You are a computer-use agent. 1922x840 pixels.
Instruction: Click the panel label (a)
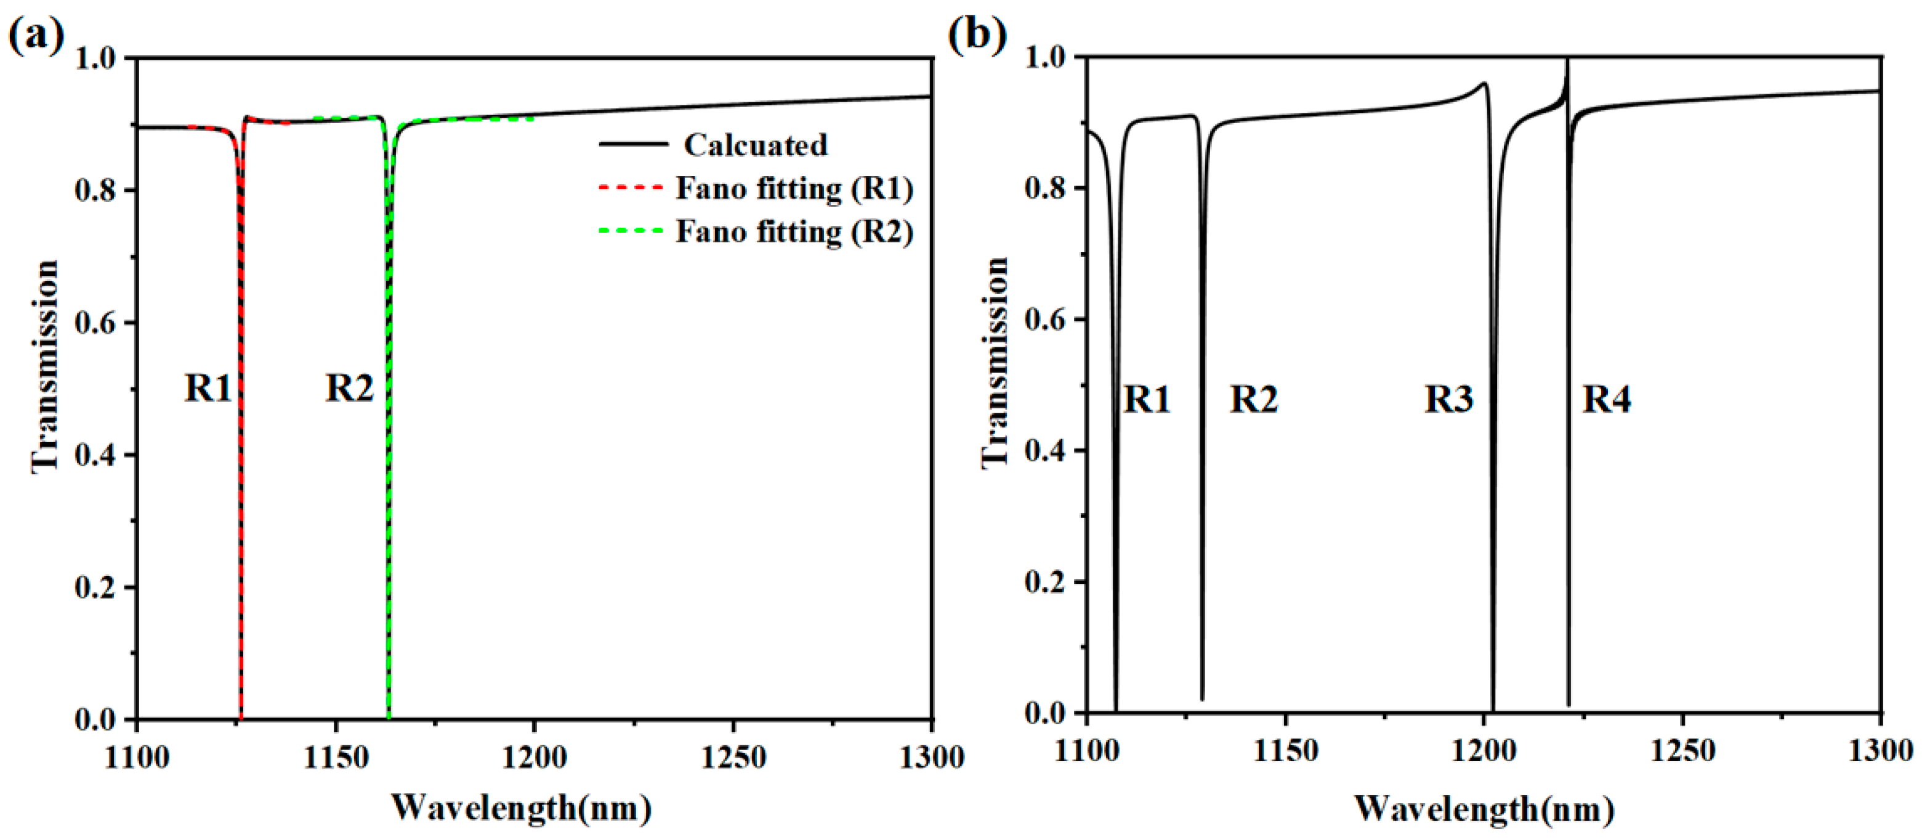pos(36,34)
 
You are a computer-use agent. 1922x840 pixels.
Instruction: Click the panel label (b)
pos(977,34)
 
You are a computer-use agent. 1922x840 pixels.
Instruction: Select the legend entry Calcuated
pos(754,145)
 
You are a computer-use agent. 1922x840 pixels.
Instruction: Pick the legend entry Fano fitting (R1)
pos(794,188)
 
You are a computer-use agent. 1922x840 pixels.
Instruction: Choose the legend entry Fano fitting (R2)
pos(794,232)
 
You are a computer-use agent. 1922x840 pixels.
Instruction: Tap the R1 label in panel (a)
pos(208,388)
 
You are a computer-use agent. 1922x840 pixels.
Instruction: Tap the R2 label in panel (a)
pos(349,388)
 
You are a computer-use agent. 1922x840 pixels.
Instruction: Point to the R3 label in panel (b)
pos(1448,399)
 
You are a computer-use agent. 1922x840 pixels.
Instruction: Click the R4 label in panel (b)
pos(1607,399)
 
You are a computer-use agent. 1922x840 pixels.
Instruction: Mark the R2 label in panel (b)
pos(1253,399)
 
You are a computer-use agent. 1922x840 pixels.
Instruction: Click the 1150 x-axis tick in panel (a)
pos(336,757)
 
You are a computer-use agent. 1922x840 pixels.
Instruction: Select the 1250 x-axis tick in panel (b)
pos(1682,749)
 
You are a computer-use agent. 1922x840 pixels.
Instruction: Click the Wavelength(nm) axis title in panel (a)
pos(522,807)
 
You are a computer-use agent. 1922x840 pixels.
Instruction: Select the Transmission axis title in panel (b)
pos(995,363)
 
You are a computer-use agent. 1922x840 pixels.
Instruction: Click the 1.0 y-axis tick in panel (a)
pos(95,57)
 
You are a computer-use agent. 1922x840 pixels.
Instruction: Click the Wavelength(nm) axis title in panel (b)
pos(1484,809)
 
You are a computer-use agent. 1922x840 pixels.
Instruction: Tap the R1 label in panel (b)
pos(1147,399)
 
